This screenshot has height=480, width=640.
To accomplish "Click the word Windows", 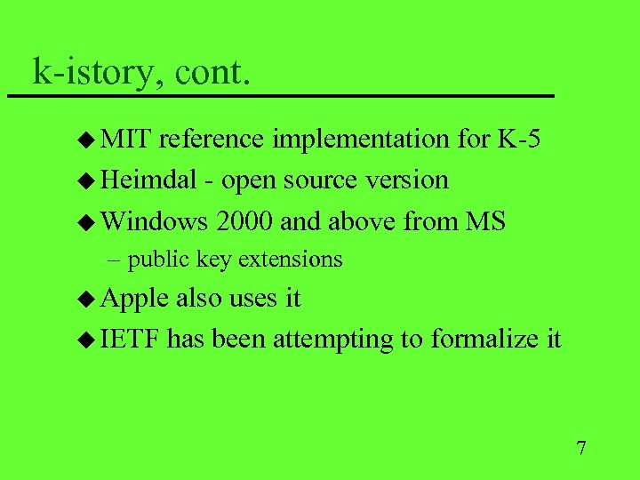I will (x=154, y=220).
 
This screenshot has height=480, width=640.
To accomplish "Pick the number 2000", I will (x=244, y=220).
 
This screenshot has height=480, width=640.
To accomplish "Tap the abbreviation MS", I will (x=485, y=220).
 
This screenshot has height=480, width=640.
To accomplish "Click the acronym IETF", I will (x=130, y=339).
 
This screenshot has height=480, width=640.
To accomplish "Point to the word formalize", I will (x=484, y=339).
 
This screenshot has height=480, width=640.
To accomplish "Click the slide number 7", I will (x=581, y=447).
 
